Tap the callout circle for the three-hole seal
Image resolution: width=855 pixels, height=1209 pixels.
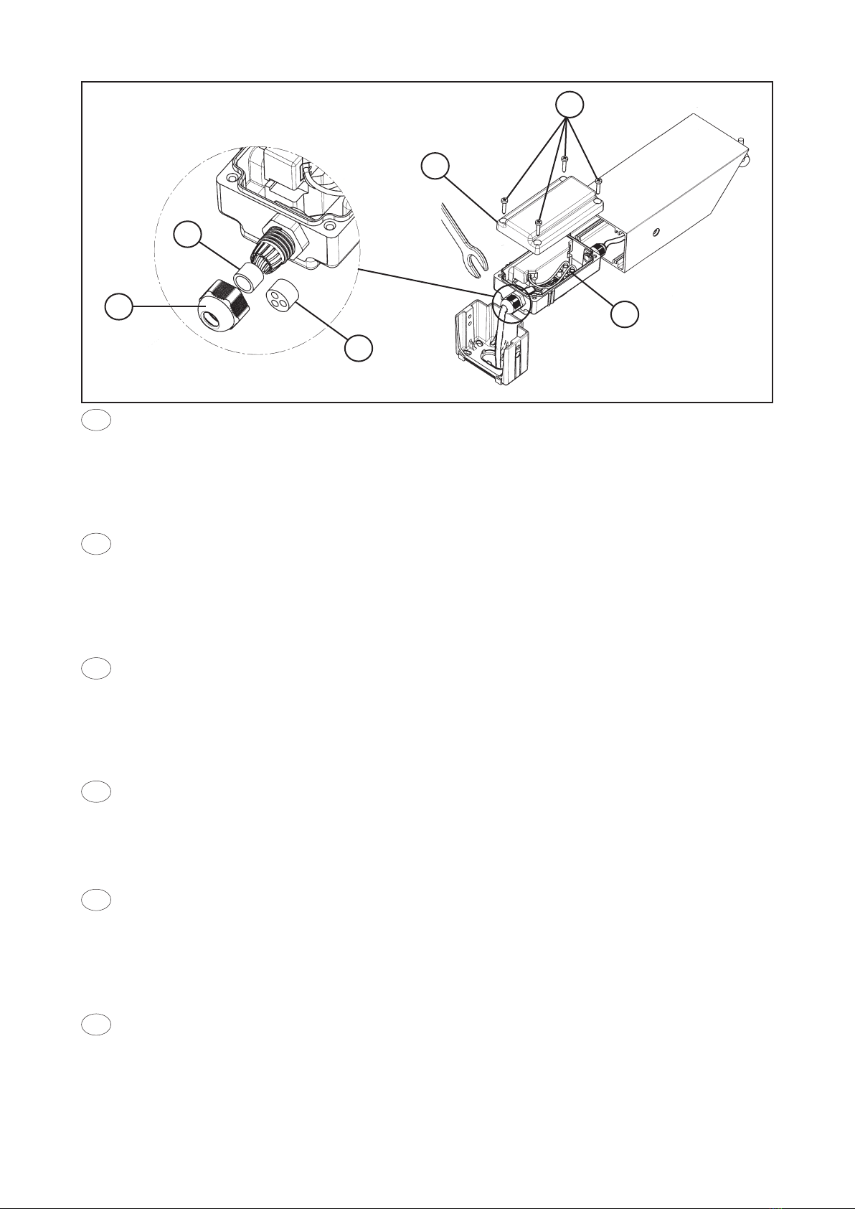(x=359, y=349)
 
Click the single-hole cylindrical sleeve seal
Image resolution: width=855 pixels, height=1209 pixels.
(x=247, y=277)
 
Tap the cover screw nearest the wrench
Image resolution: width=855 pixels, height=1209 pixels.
(x=506, y=199)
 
